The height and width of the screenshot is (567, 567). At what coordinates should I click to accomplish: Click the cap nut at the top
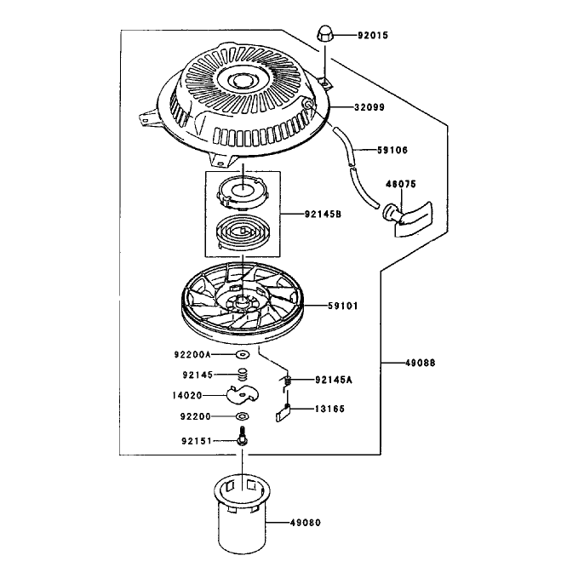(324, 34)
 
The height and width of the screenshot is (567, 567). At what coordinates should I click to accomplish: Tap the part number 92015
(373, 36)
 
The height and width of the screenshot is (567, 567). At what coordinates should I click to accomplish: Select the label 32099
(369, 107)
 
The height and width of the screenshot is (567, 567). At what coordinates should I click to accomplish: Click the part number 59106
(392, 150)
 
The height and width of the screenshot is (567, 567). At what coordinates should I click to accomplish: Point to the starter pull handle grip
(409, 219)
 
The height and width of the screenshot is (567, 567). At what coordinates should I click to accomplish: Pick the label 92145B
(323, 215)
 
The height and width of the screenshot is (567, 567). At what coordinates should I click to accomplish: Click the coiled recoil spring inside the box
(243, 232)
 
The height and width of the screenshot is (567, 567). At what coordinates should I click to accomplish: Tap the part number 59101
(343, 306)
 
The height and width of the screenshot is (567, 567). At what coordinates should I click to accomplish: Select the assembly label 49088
(421, 363)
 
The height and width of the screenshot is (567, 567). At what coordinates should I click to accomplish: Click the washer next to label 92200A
(243, 355)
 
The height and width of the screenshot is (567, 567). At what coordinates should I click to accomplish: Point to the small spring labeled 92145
(244, 375)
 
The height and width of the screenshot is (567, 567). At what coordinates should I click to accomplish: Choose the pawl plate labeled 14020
(243, 394)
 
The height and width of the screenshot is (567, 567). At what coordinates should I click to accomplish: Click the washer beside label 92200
(243, 417)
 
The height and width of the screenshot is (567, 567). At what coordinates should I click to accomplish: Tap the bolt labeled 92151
(243, 436)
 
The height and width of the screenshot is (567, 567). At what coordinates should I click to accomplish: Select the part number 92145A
(334, 380)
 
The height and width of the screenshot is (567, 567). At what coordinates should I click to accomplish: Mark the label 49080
(305, 523)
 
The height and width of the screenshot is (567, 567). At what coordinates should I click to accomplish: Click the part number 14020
(187, 396)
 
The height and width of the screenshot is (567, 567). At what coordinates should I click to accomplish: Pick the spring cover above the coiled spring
(243, 192)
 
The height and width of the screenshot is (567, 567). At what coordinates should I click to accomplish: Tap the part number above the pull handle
(401, 184)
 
